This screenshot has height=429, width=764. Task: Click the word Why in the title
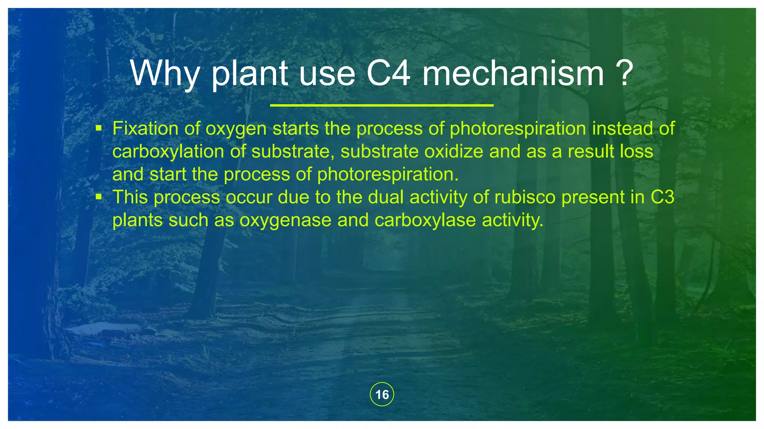(x=165, y=74)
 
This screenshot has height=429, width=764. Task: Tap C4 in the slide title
(x=388, y=74)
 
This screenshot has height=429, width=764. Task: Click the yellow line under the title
(x=382, y=106)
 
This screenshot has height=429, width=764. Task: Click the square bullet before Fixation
(x=98, y=128)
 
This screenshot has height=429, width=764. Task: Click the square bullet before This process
(x=98, y=197)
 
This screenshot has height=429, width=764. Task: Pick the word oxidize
(x=454, y=152)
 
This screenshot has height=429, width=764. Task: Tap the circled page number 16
(x=382, y=394)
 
